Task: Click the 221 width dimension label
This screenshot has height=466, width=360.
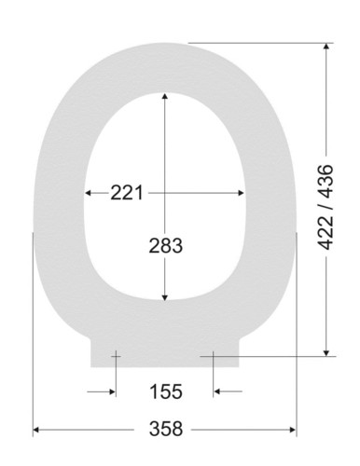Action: pos(127,193)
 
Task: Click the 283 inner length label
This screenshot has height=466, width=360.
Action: pos(165,246)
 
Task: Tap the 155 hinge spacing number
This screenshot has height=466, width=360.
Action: pos(166,391)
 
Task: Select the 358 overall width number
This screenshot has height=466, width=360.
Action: pos(166,429)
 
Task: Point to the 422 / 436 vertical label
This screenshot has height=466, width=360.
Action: pos(326,207)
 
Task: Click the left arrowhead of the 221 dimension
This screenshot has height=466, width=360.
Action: pos(88,193)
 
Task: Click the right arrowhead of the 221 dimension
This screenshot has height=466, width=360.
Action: pos(241,193)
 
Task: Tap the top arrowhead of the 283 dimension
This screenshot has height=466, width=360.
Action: pos(165,96)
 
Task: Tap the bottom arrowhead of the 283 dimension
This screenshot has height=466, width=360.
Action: pos(165,297)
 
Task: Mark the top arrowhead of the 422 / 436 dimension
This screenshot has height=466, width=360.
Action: pos(326,46)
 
